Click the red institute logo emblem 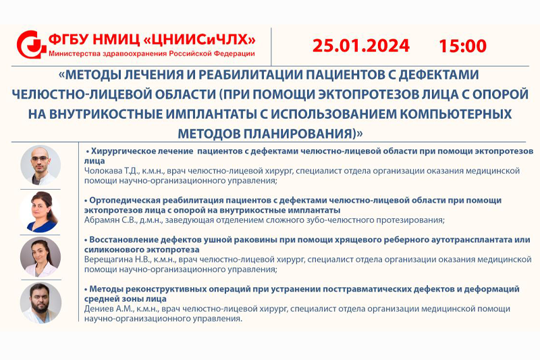[x=31, y=45]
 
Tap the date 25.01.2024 [x=361, y=46]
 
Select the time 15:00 [x=462, y=46]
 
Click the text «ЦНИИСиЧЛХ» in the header [x=199, y=40]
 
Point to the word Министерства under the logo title [x=75, y=54]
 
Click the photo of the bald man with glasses [x=40, y=165]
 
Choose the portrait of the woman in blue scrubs [x=40, y=212]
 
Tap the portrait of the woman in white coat [x=40, y=257]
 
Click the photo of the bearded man [x=40, y=303]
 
